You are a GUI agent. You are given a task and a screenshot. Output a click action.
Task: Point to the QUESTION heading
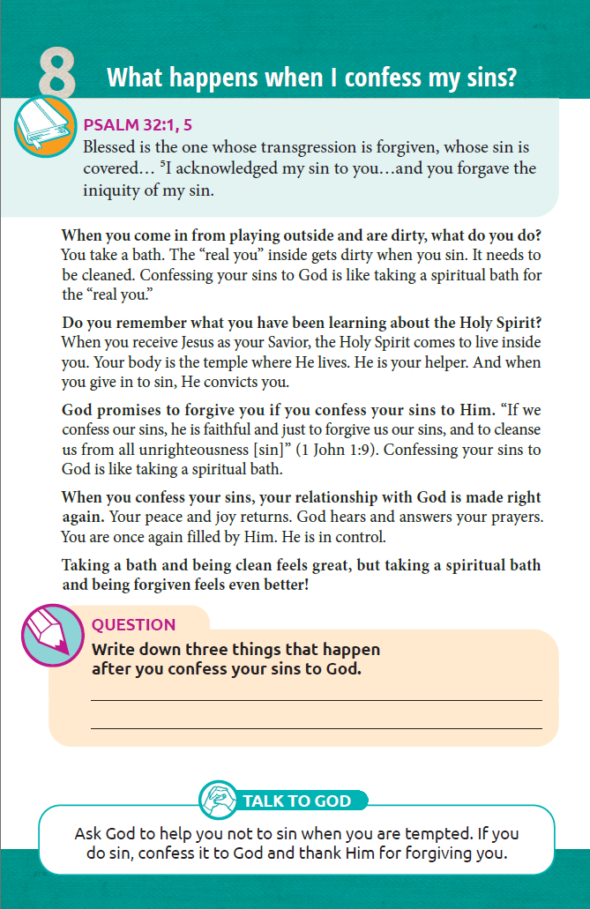tap(133, 625)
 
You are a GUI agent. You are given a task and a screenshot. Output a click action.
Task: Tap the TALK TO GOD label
tap(296, 801)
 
